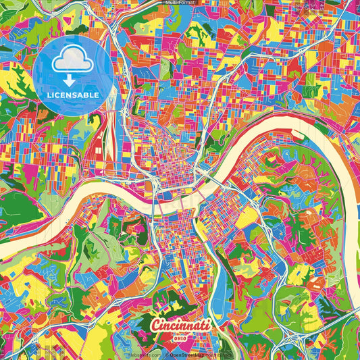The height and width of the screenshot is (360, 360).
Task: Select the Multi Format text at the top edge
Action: coord(179,3)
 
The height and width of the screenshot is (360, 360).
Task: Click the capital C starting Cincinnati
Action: coord(155,324)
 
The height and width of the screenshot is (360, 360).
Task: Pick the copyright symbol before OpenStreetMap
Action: coord(166,354)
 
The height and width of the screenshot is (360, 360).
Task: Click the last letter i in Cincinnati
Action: coord(206,324)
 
